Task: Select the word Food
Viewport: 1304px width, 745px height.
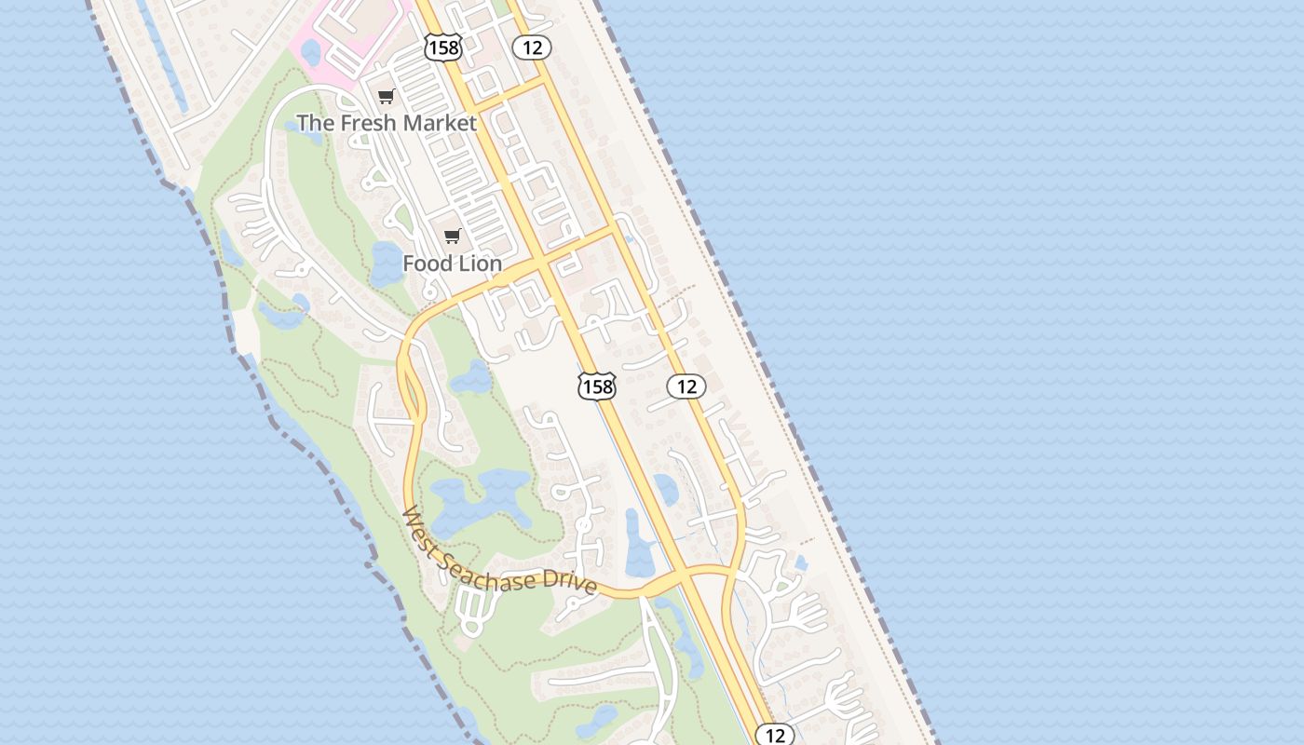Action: pos(427,264)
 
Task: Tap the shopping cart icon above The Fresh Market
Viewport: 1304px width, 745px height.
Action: pos(387,96)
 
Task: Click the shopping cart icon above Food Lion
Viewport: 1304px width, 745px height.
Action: pos(453,236)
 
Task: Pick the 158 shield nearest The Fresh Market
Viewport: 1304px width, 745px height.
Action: pos(443,47)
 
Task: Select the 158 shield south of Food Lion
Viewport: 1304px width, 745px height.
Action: pos(596,386)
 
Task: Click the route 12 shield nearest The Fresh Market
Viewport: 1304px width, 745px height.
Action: pos(532,47)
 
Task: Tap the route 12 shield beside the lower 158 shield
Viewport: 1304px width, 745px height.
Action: pos(686,386)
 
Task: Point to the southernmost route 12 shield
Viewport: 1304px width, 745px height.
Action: pos(775,736)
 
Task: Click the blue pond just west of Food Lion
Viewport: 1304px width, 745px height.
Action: pos(385,263)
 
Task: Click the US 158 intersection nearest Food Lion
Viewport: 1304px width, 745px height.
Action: pos(542,264)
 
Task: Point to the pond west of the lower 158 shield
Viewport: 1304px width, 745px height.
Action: pos(470,378)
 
